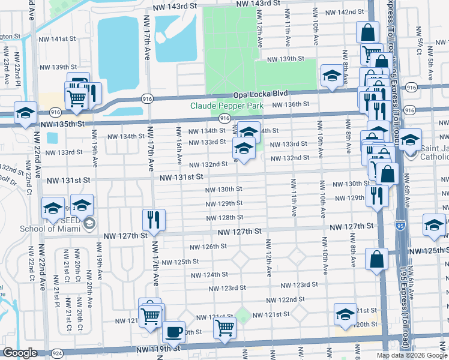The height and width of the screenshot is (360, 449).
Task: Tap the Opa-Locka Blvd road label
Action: click(x=262, y=94)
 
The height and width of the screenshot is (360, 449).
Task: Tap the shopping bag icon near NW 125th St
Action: click(x=376, y=259)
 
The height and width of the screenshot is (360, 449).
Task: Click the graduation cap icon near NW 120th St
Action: click(x=345, y=314)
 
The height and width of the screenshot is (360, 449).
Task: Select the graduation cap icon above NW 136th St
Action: click(x=331, y=76)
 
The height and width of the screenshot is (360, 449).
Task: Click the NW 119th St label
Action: click(x=158, y=348)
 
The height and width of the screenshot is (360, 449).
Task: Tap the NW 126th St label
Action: click(x=208, y=247)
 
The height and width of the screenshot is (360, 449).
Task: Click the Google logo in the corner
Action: click(x=20, y=353)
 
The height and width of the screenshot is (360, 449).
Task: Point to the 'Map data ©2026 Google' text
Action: click(x=412, y=355)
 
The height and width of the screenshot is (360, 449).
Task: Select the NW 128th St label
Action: click(x=223, y=218)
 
